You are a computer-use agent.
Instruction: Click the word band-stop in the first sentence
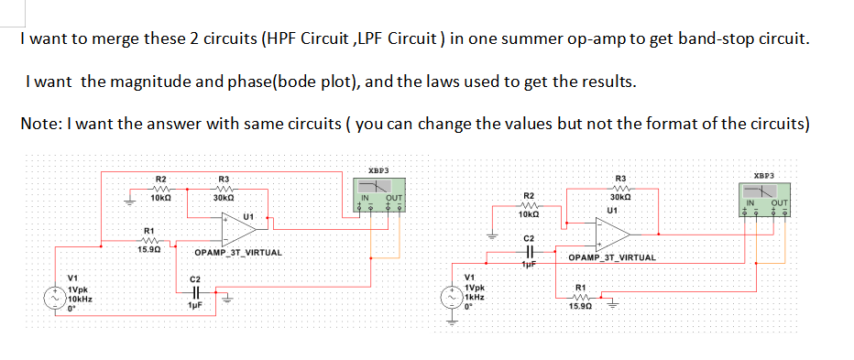[x=703, y=41]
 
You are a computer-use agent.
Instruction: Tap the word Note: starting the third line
[x=41, y=124]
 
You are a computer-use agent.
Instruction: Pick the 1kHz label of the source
[x=475, y=298]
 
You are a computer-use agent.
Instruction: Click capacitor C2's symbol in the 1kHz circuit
[x=527, y=251]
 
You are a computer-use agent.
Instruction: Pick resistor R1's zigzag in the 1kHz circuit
[x=579, y=296]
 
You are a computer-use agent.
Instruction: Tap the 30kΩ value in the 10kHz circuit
[x=223, y=199]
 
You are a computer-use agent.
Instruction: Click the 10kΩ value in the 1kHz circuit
[x=528, y=214]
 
